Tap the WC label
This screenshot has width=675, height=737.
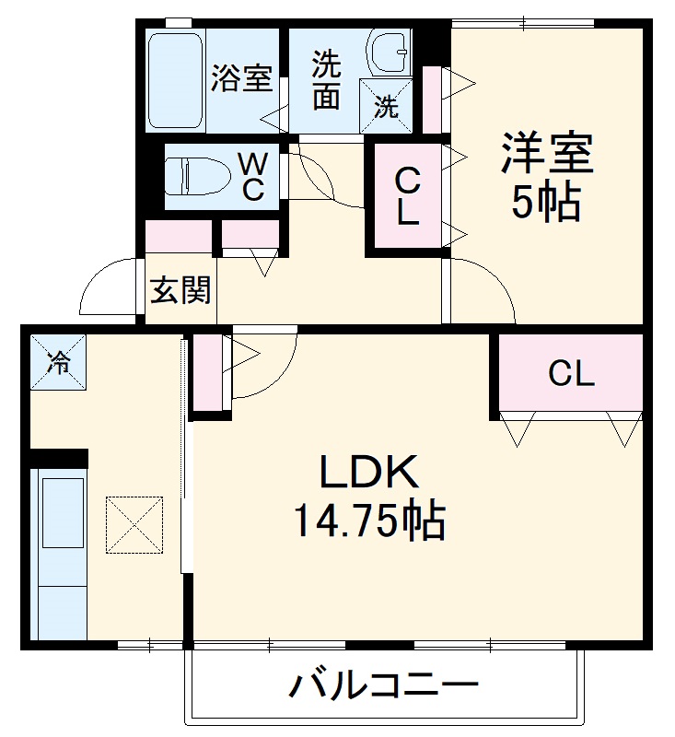[253, 176]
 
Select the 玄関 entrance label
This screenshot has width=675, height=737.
[180, 291]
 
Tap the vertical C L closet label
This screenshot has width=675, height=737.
[408, 196]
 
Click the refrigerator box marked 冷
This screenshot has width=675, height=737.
[57, 363]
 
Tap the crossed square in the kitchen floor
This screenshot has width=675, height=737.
[134, 525]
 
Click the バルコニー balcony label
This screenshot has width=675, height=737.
[385, 686]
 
